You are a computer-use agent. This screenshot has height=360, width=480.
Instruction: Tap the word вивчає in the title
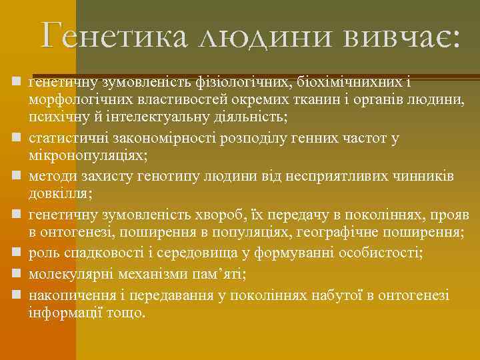401,35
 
